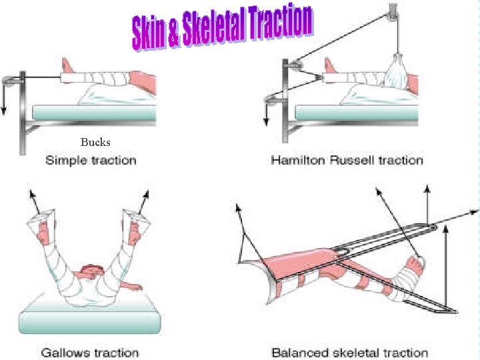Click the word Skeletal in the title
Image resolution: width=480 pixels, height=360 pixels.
coord(212,28)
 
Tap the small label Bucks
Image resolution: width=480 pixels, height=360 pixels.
coord(95,142)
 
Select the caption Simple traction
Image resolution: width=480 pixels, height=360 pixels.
coord(91,160)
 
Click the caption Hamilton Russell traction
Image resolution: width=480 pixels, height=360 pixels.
coord(347,160)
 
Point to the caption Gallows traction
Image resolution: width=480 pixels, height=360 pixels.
coord(90,353)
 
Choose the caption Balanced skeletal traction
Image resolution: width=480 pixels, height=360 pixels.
coord(350,353)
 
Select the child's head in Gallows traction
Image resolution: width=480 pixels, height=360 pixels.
coord(91,272)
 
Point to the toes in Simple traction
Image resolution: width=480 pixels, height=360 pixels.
coord(66,65)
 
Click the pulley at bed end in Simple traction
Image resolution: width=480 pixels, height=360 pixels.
coord(9,81)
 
